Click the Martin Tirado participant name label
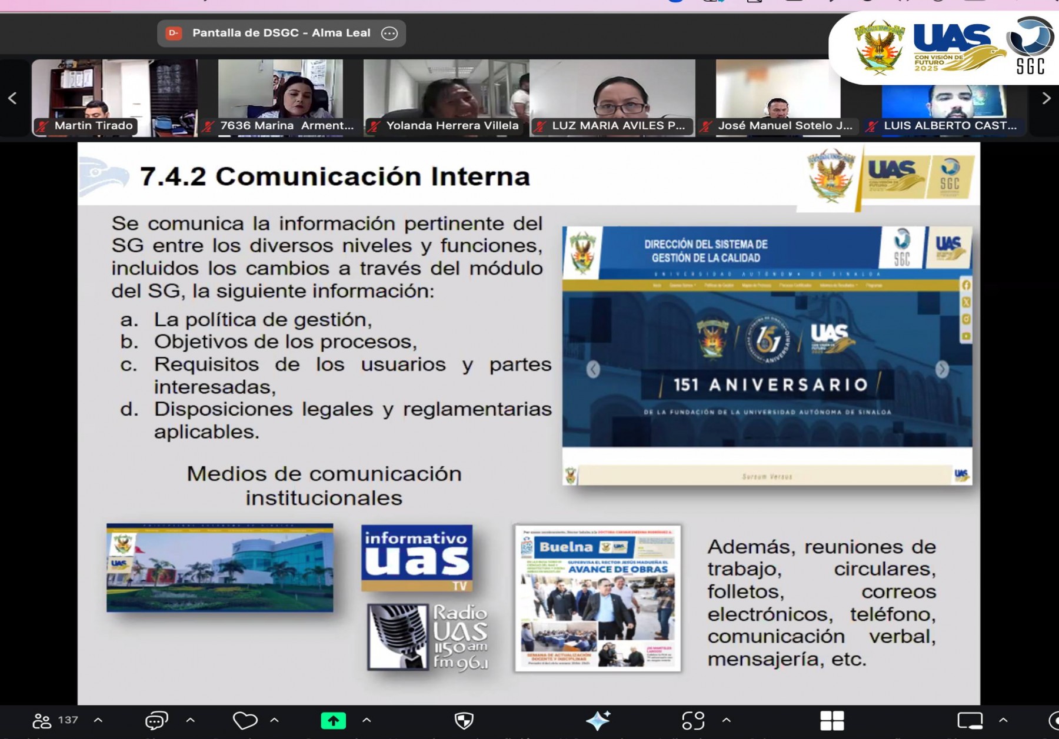tap(93, 126)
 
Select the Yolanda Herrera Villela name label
tap(452, 126)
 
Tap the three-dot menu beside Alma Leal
tap(389, 34)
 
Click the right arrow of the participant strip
tap(1046, 98)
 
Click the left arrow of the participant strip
tap(12, 98)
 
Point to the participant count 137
tap(68, 720)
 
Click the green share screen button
tap(333, 720)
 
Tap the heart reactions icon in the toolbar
tap(245, 720)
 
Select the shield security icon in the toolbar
tap(464, 720)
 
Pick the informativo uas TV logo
tap(417, 557)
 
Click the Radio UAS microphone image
tap(398, 637)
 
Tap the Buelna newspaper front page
tap(598, 598)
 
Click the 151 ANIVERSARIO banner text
tap(770, 385)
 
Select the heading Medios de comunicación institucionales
tap(324, 486)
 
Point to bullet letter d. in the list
tap(129, 409)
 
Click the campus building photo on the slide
tap(219, 568)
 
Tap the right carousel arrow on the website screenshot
tap(942, 369)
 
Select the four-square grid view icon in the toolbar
tap(832, 720)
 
